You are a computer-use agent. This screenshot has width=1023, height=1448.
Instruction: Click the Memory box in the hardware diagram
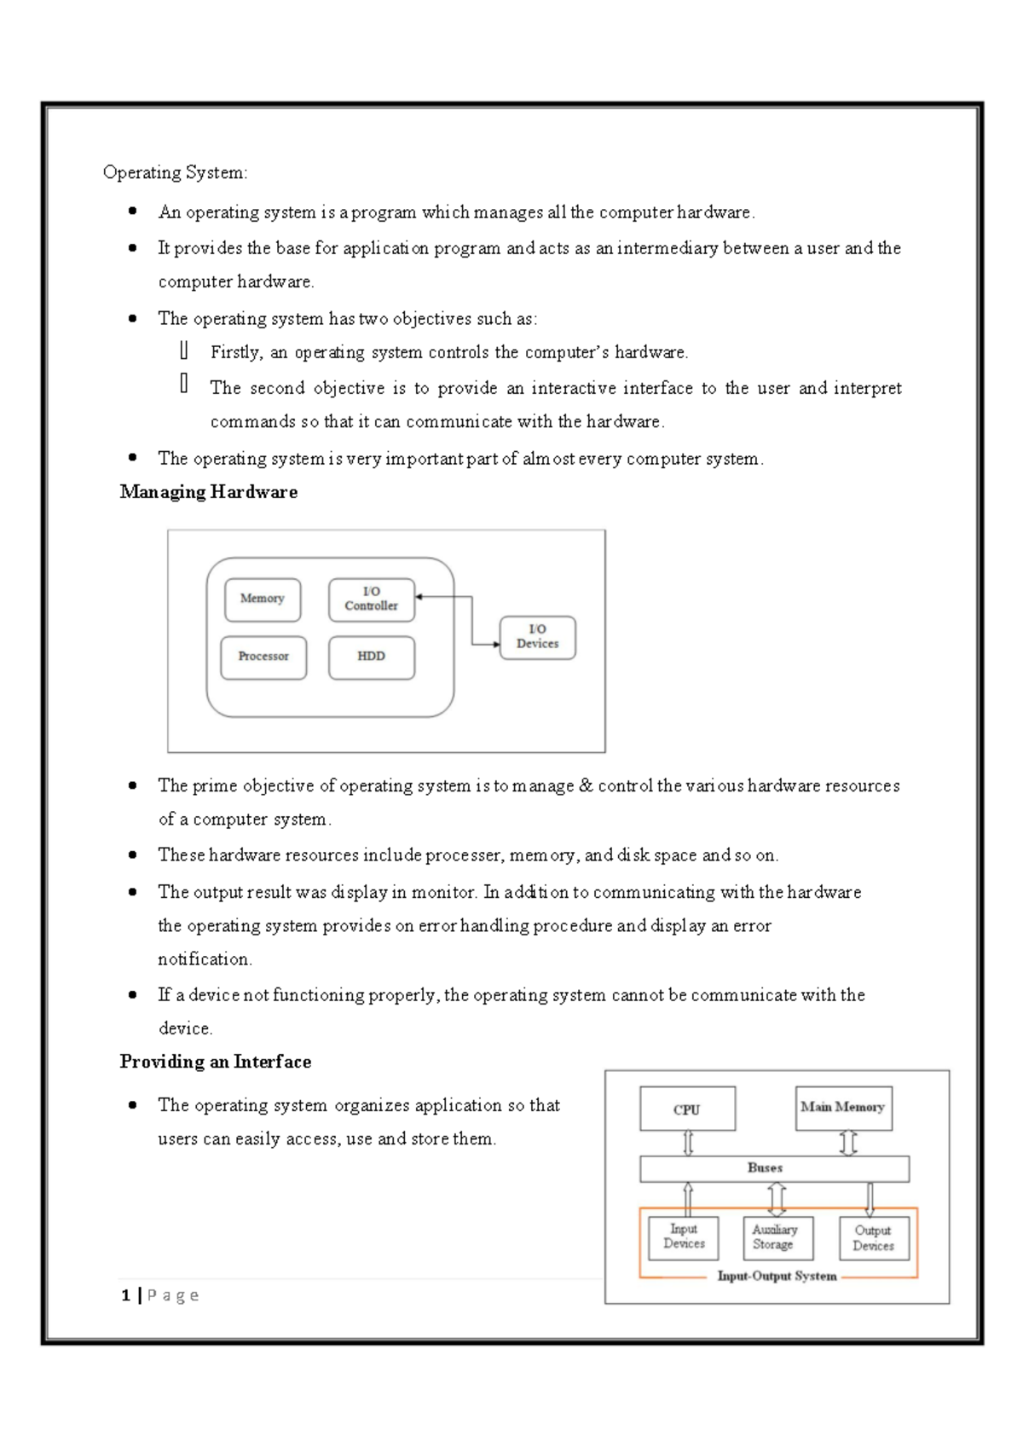tap(263, 599)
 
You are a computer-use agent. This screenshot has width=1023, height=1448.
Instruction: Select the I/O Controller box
tap(372, 599)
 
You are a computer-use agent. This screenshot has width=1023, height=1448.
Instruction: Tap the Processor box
tap(263, 657)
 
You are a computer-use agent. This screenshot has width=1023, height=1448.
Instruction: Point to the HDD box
tap(372, 657)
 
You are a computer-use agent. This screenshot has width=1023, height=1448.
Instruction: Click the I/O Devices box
tap(537, 637)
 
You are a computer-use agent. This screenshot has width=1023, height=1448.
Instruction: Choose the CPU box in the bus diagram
tap(687, 1109)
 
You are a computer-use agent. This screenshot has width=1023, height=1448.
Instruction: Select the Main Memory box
tap(843, 1107)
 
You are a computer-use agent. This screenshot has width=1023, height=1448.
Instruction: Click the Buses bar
tap(774, 1168)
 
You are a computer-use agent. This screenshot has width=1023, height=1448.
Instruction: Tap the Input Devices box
tap(684, 1237)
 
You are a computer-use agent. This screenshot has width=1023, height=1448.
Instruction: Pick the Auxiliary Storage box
tap(775, 1237)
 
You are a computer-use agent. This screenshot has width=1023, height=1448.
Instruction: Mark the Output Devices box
tap(873, 1238)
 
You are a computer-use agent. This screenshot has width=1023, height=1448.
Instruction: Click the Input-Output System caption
tap(777, 1277)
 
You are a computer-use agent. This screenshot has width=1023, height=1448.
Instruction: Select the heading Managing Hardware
tap(209, 492)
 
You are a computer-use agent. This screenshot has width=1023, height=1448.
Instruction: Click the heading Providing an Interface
tap(216, 1062)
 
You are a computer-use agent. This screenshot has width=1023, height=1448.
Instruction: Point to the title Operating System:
tap(176, 172)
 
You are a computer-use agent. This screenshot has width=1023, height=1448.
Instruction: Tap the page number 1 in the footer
tap(126, 1295)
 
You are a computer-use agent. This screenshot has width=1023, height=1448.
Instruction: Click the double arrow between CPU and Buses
tap(689, 1143)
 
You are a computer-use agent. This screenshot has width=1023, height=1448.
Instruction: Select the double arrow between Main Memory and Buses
tap(848, 1143)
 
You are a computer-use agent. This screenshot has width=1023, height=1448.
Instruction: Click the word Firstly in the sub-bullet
tap(235, 352)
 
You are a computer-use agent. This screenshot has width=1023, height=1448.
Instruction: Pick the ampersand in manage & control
tap(586, 785)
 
